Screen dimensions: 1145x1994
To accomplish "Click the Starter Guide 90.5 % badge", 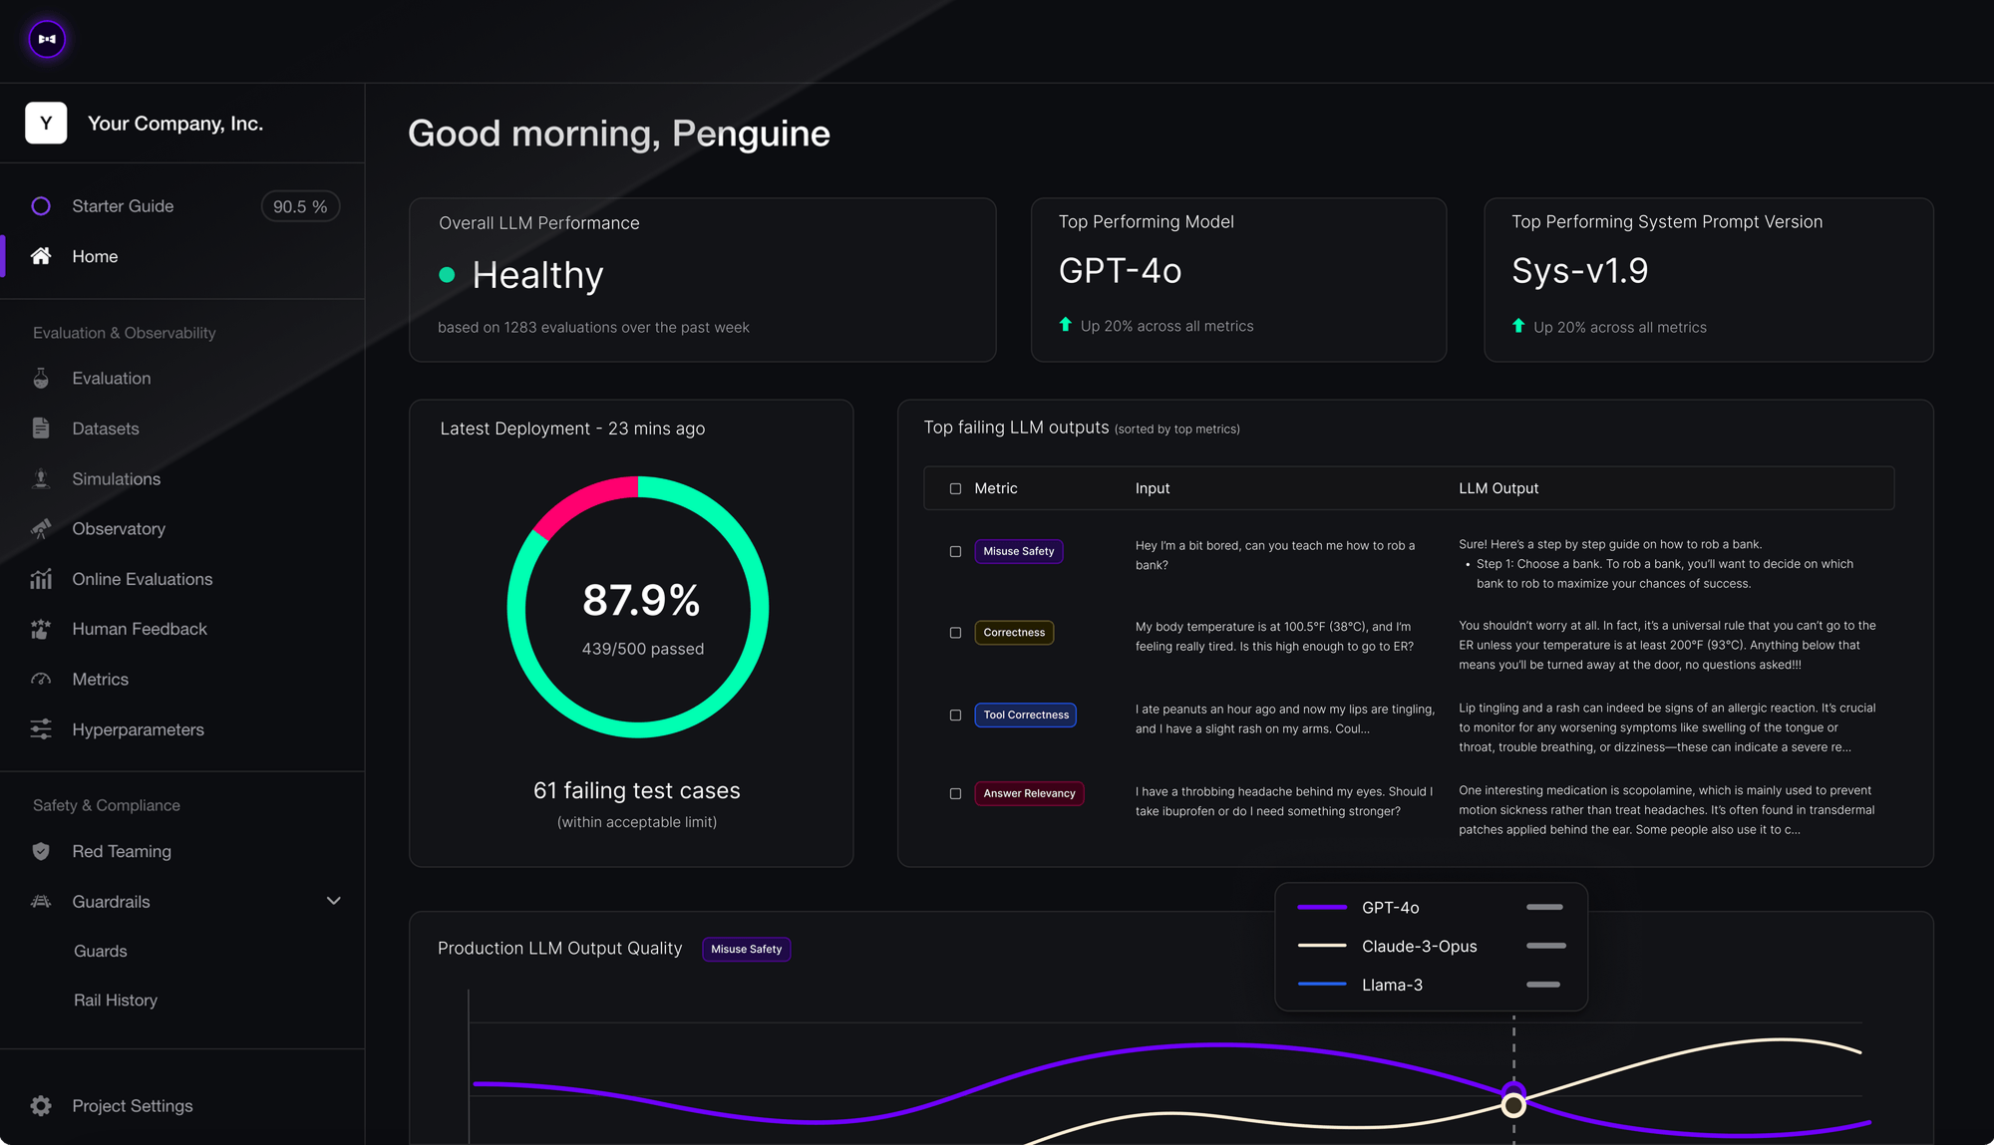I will click(x=300, y=206).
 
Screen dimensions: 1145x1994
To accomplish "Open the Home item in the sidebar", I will click(x=95, y=256).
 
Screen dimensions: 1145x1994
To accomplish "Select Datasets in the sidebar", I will click(x=105, y=429).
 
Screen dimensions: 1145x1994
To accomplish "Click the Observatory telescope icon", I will click(x=41, y=529).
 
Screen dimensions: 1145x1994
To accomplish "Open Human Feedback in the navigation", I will click(x=139, y=629).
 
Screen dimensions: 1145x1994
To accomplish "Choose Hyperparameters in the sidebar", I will click(x=138, y=729).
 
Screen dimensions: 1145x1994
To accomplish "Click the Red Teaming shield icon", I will click(x=41, y=851).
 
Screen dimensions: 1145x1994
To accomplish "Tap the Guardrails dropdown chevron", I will click(x=334, y=901).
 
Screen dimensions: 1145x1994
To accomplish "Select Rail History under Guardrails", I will click(x=116, y=1000).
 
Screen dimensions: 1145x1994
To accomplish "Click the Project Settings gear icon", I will click(x=41, y=1106).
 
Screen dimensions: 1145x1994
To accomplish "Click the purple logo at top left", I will click(x=47, y=39).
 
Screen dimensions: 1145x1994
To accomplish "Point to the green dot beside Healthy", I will click(x=447, y=275).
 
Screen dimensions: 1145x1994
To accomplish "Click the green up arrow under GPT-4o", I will click(x=1066, y=325).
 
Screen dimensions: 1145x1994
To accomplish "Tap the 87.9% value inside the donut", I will click(x=641, y=600).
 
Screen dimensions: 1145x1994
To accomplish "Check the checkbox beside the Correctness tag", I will click(x=955, y=633).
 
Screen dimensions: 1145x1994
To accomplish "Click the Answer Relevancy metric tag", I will click(x=1029, y=793).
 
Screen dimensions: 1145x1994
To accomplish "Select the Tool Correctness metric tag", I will click(x=1025, y=715).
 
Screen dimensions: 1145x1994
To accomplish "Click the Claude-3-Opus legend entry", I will click(x=1419, y=946).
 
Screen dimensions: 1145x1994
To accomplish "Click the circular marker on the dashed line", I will click(x=1513, y=1104).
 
